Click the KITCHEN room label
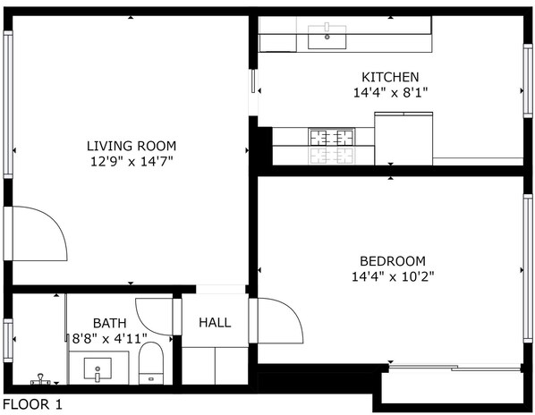click(390, 77)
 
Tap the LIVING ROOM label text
click(132, 146)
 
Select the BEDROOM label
click(393, 261)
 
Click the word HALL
click(215, 322)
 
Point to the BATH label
click(109, 323)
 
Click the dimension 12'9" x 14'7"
click(132, 161)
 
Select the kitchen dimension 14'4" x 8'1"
click(390, 92)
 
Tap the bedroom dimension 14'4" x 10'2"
click(393, 276)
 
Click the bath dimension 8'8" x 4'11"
click(109, 339)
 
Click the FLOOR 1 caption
click(33, 404)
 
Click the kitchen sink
click(327, 36)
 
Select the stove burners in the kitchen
click(331, 138)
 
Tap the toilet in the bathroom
click(151, 363)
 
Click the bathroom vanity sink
click(98, 368)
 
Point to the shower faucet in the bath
click(40, 379)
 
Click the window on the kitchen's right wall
click(528, 80)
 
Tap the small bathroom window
click(8, 341)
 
